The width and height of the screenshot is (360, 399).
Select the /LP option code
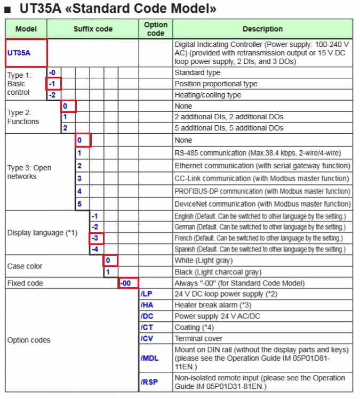coord(147,294)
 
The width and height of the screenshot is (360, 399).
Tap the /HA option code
coord(147,305)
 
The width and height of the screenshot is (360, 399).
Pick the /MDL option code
coord(150,358)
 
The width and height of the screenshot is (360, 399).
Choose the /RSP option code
coord(149,382)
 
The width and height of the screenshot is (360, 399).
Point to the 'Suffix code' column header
coord(93,29)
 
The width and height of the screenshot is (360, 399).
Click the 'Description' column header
coord(262,29)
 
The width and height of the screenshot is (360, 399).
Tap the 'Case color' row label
coord(25,266)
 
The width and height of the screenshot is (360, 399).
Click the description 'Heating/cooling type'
coord(207,95)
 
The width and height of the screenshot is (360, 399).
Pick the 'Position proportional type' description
coord(215,84)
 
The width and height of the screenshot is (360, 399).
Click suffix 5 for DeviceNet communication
coord(79,203)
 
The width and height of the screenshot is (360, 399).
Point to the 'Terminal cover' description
coord(199,338)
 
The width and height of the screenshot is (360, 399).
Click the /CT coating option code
coord(147,327)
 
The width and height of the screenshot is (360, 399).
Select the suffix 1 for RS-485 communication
coord(79,153)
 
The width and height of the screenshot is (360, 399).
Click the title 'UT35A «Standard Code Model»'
coord(117,9)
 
